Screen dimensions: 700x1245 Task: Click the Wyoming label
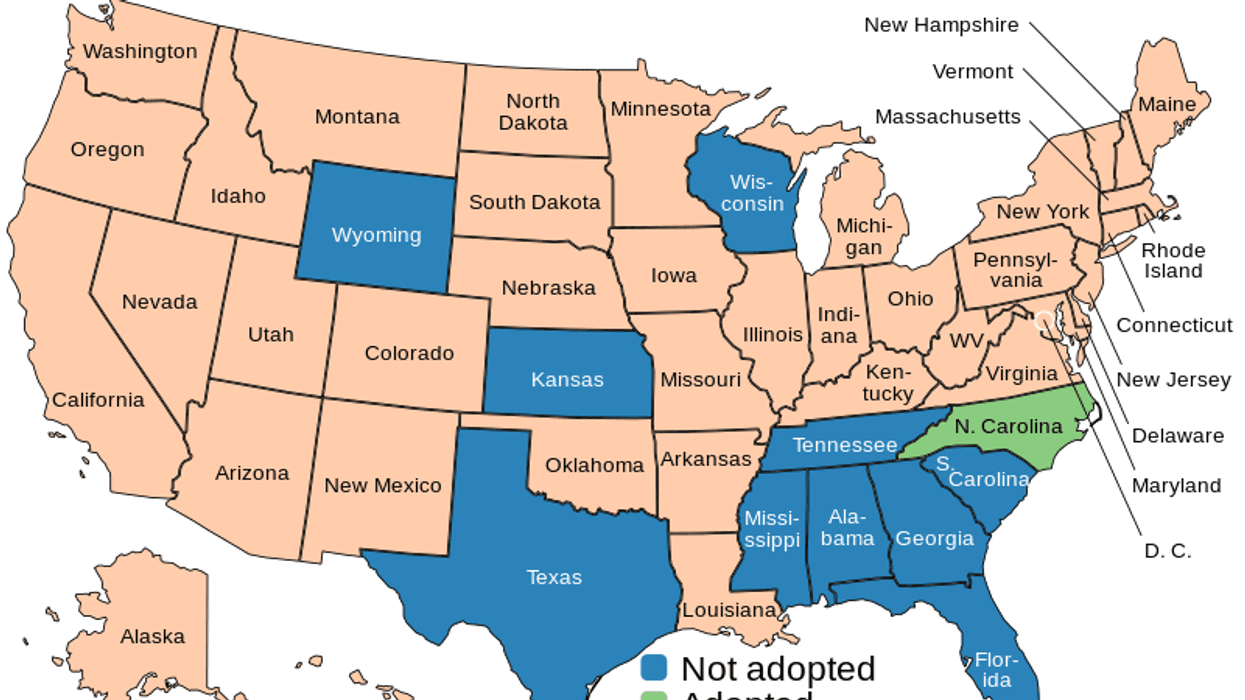(376, 235)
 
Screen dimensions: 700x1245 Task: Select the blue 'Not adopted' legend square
(655, 668)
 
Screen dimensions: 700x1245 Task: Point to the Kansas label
(567, 380)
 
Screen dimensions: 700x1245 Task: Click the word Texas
(554, 577)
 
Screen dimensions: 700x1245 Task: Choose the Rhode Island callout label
(1173, 260)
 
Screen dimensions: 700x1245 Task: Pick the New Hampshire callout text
(941, 25)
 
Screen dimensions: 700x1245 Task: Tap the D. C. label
(1167, 550)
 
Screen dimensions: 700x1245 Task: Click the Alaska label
(153, 636)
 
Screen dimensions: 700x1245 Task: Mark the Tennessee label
(845, 445)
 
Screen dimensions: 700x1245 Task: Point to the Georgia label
(934, 539)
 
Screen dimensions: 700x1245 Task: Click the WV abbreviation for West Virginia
(966, 341)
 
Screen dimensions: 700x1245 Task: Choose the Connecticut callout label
(1174, 325)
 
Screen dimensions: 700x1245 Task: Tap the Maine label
(1167, 104)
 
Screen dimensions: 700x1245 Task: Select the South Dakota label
(534, 202)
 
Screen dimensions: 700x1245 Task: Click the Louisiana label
(729, 610)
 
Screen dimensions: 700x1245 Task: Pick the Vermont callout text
(972, 71)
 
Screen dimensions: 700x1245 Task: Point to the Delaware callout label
(1177, 435)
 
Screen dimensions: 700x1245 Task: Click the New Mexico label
(382, 485)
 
